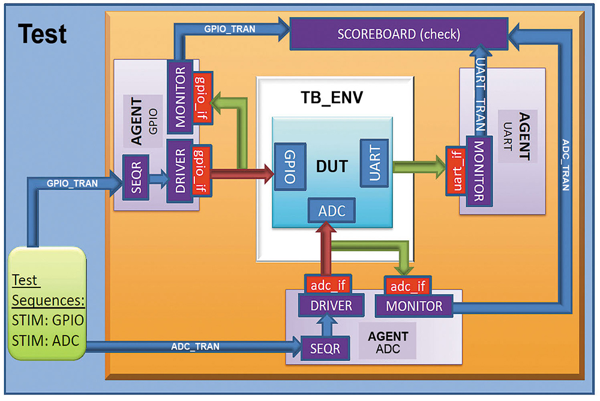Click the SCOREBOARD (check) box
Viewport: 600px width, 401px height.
click(x=398, y=34)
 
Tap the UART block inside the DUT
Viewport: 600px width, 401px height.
click(x=374, y=163)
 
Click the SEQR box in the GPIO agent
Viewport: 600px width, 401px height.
click(x=136, y=178)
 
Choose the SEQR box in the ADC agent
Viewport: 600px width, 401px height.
click(x=325, y=348)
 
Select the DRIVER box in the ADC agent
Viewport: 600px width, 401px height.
click(x=332, y=305)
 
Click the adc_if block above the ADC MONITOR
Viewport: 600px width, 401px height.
click(x=406, y=284)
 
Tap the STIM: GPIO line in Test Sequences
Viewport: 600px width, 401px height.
click(x=48, y=319)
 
